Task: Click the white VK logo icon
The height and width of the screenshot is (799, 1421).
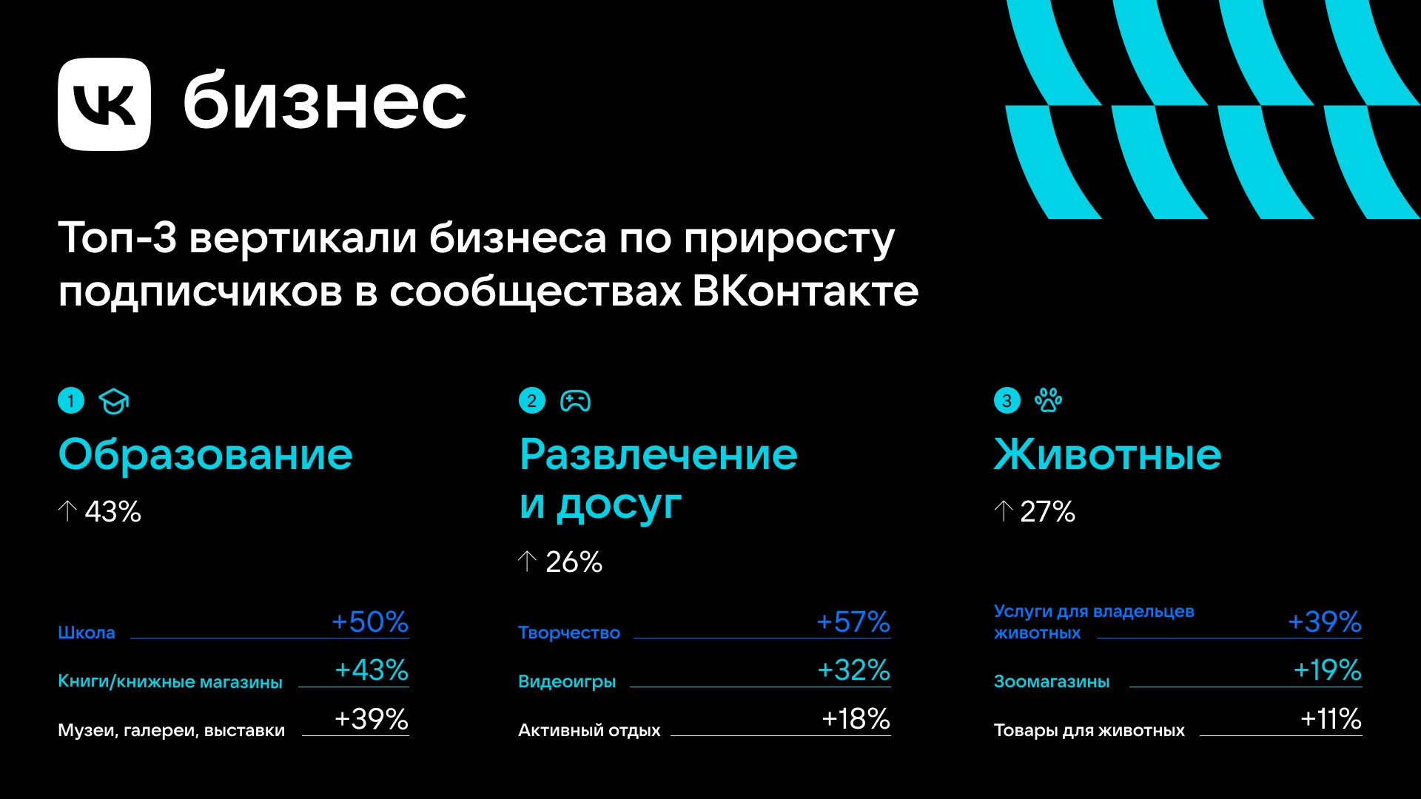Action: coord(104,104)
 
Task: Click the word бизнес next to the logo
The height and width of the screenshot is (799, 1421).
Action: coord(325,101)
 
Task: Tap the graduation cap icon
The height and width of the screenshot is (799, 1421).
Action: coord(114,402)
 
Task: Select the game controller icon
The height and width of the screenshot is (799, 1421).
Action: coord(575,401)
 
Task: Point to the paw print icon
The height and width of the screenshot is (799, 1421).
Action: coord(1048,400)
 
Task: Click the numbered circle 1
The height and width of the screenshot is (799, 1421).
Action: coord(71,401)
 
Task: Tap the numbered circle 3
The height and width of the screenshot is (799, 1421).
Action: coord(1007,401)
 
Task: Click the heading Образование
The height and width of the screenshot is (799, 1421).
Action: coord(205,454)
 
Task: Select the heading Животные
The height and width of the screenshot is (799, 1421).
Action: coord(1107,454)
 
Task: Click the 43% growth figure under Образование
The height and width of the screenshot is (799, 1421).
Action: coord(112,511)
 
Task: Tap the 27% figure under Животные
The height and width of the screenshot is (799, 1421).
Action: coord(1047,511)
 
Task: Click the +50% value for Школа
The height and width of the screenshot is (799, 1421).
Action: coord(370,621)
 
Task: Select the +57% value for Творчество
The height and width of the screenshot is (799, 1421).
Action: coord(853,621)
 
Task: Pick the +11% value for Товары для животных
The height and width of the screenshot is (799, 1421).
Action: coord(1331,718)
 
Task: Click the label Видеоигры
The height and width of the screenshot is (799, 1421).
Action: coord(567,681)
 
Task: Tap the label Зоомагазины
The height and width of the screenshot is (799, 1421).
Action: coord(1052,681)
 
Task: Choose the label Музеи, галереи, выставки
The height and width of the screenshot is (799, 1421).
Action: coord(171,730)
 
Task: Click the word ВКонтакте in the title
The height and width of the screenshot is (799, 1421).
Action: coord(805,291)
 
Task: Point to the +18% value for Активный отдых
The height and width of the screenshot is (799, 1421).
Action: coord(856,718)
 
